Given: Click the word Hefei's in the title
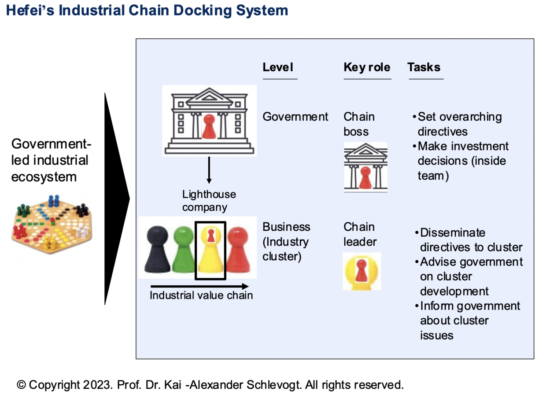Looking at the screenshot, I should coord(30,10).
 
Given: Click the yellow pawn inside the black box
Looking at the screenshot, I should coord(210,253).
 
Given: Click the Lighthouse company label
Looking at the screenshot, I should coord(209,201).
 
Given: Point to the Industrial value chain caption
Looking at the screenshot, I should coord(201,295).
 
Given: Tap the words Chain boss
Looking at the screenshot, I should coord(359,124).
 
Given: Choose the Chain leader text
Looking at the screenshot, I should coord(360,234).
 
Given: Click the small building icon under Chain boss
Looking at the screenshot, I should coord(365,168).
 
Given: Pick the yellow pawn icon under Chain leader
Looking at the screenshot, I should coord(362,271).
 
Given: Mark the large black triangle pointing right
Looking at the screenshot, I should coord(115,198).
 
